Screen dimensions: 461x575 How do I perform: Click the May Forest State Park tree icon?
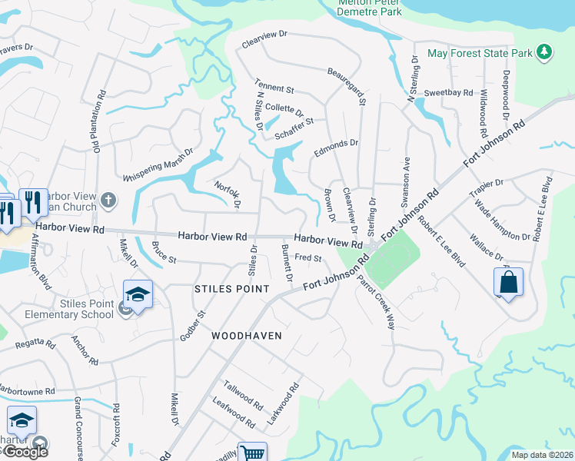(x=544, y=51)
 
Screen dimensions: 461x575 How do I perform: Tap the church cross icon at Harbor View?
(x=108, y=201)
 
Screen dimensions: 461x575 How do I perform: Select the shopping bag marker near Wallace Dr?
(x=509, y=283)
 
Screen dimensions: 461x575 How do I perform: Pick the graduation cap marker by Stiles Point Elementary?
(x=138, y=295)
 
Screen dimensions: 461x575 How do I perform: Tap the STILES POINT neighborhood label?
(x=232, y=289)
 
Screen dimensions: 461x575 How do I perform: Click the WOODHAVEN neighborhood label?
(x=247, y=336)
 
